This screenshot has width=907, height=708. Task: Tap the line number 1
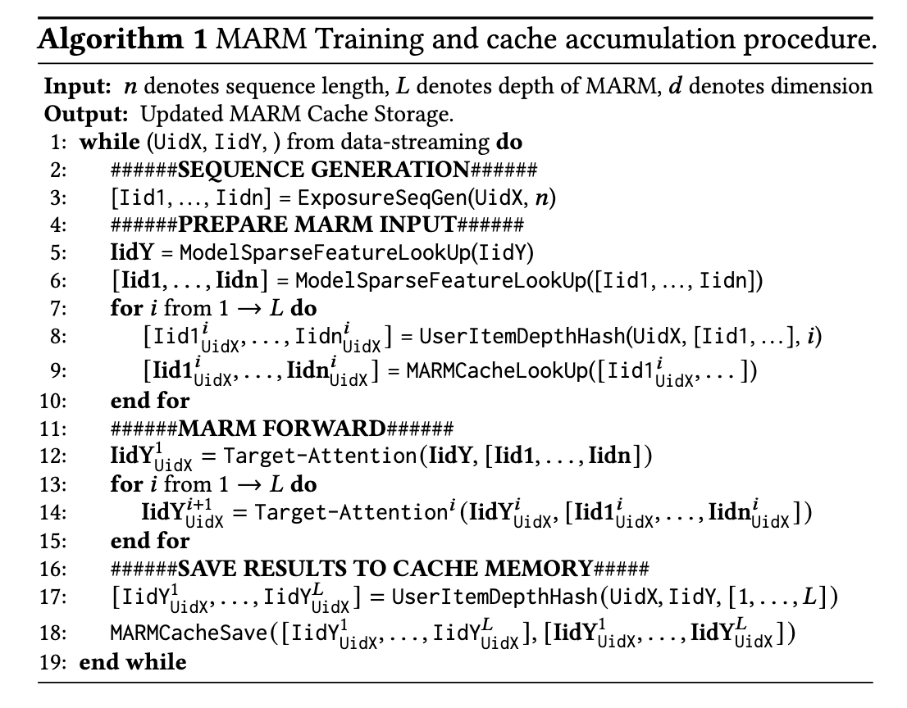pos(58,142)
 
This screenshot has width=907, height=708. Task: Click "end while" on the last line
pos(133,661)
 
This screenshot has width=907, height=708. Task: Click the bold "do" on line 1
pos(509,142)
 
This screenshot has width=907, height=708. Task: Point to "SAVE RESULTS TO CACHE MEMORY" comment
pos(385,569)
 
